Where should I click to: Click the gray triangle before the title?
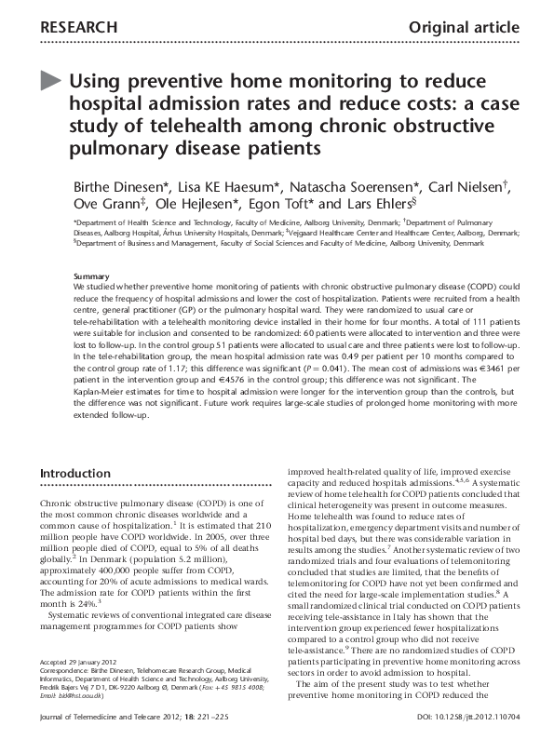[x=52, y=81]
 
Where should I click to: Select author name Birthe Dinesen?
[x=125, y=184]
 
